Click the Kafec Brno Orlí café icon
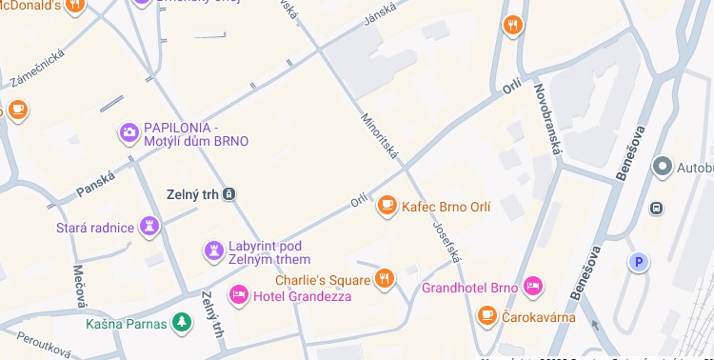[387, 205]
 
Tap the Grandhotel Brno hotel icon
[533, 286]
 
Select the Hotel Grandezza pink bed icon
[239, 296]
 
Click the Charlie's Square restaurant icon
[385, 279]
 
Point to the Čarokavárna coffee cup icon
[487, 315]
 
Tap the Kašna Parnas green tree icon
[181, 324]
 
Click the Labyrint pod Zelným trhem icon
[214, 251]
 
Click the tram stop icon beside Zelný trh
[229, 194]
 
